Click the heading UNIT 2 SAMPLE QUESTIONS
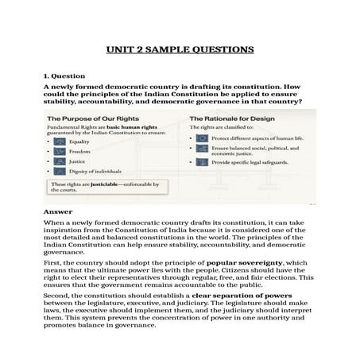point(180,49)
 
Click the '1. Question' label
point(65,75)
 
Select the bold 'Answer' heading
point(59,212)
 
